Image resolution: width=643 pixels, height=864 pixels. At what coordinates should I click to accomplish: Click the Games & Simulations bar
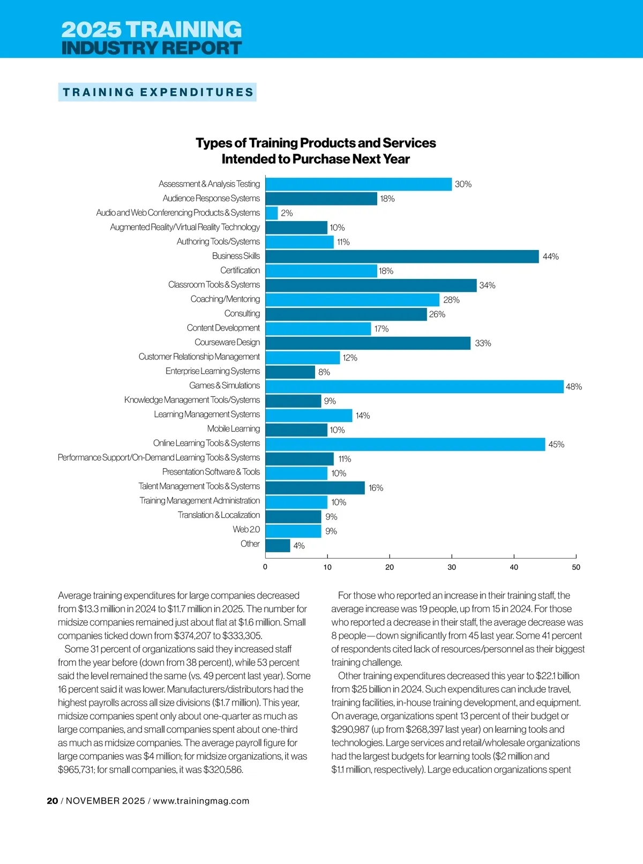click(x=414, y=386)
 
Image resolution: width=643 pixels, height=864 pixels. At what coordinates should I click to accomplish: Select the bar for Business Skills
click(x=402, y=257)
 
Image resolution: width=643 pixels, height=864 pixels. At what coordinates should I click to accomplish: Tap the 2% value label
click(x=287, y=213)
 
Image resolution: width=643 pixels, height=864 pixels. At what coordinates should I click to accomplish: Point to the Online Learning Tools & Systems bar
click(x=405, y=444)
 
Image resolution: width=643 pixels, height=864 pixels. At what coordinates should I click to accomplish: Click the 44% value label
click(x=550, y=257)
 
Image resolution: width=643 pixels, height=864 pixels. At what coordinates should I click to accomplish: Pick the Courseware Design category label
click(x=227, y=342)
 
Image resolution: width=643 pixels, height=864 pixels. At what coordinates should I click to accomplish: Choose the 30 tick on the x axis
click(x=452, y=567)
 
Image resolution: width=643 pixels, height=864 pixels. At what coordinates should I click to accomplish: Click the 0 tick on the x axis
click(x=265, y=567)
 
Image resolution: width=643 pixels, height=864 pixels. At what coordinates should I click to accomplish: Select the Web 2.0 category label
click(x=246, y=530)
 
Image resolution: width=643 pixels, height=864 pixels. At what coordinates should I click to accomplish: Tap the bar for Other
click(x=278, y=545)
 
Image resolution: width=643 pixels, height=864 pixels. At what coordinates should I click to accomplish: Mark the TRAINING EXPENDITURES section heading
click(x=158, y=92)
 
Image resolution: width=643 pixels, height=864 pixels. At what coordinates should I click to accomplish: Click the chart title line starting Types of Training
click(x=316, y=143)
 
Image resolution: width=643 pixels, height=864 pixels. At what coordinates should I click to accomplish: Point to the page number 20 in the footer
click(x=53, y=801)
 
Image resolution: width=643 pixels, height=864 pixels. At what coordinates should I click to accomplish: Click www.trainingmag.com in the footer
click(x=201, y=801)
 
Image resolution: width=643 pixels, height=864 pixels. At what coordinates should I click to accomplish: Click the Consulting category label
click(x=242, y=313)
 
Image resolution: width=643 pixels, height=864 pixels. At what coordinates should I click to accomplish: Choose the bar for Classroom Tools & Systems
click(x=371, y=286)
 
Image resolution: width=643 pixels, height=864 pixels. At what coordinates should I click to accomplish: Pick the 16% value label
click(x=376, y=488)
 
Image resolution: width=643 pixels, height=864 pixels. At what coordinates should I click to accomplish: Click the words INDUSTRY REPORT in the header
click(x=152, y=48)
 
